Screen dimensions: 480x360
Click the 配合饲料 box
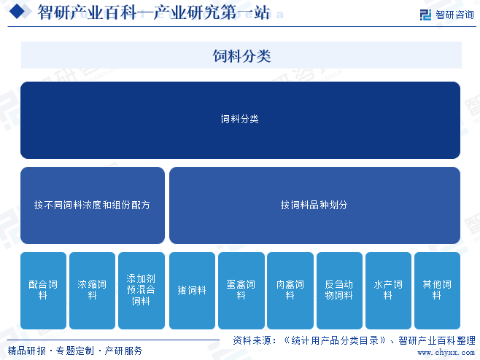point(43,291)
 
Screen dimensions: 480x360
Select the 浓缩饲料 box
point(92,291)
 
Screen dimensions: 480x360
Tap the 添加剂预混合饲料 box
point(142,291)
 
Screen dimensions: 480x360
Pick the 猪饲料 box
point(192,291)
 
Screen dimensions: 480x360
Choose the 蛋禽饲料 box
point(241,291)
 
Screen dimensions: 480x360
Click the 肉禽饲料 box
point(290,291)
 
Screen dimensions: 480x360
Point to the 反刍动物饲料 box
point(339,291)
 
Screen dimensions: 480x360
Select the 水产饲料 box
point(388,291)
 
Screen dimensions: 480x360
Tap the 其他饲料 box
point(437,291)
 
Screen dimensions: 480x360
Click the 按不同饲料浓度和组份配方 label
point(92,205)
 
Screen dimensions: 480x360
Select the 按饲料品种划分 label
point(314,205)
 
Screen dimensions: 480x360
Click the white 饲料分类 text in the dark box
point(240,119)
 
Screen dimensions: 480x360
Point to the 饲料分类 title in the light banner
point(242,56)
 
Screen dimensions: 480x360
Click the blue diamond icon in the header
point(18,12)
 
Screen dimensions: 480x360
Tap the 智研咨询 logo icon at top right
point(425,15)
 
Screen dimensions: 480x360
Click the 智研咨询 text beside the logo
point(454,15)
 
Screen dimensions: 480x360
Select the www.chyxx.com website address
point(446,353)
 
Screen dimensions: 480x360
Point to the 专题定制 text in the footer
point(75,351)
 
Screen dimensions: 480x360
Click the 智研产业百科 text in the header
point(88,12)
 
